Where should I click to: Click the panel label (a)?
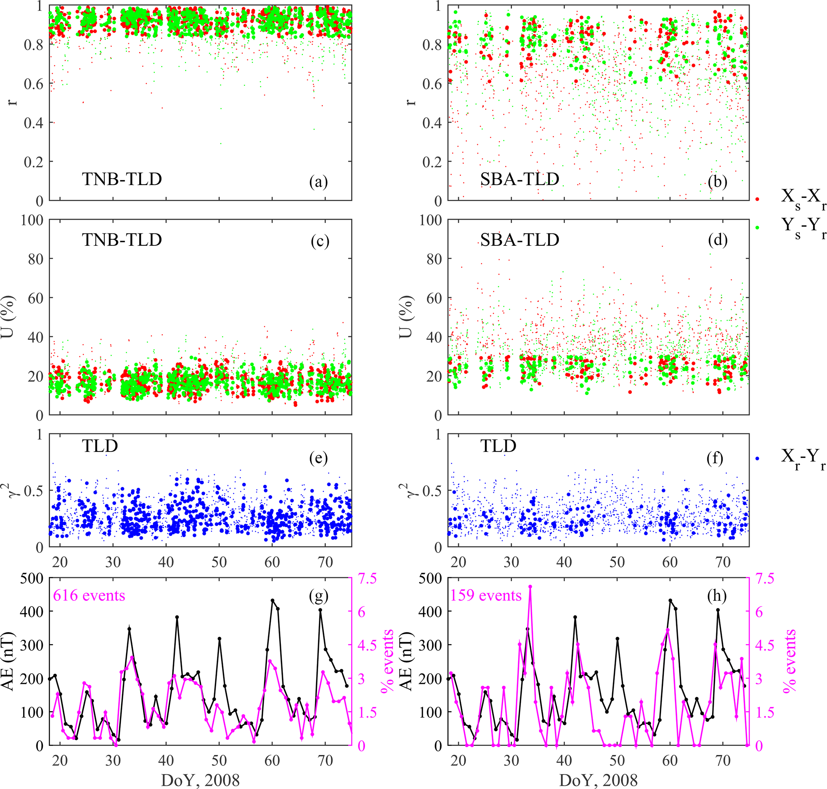click(318, 182)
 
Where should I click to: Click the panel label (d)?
click(717, 240)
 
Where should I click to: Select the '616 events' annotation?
click(89, 596)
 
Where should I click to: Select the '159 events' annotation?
click(486, 596)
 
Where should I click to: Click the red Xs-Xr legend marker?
click(757, 199)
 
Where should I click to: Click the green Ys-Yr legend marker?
click(757, 227)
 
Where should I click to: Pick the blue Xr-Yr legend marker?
click(757, 458)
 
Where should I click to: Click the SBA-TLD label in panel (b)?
click(520, 179)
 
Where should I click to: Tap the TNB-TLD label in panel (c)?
click(122, 240)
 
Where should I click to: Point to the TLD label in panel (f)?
click(498, 446)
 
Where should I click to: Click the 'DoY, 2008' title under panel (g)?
click(200, 780)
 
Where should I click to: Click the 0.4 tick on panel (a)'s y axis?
click(34, 123)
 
